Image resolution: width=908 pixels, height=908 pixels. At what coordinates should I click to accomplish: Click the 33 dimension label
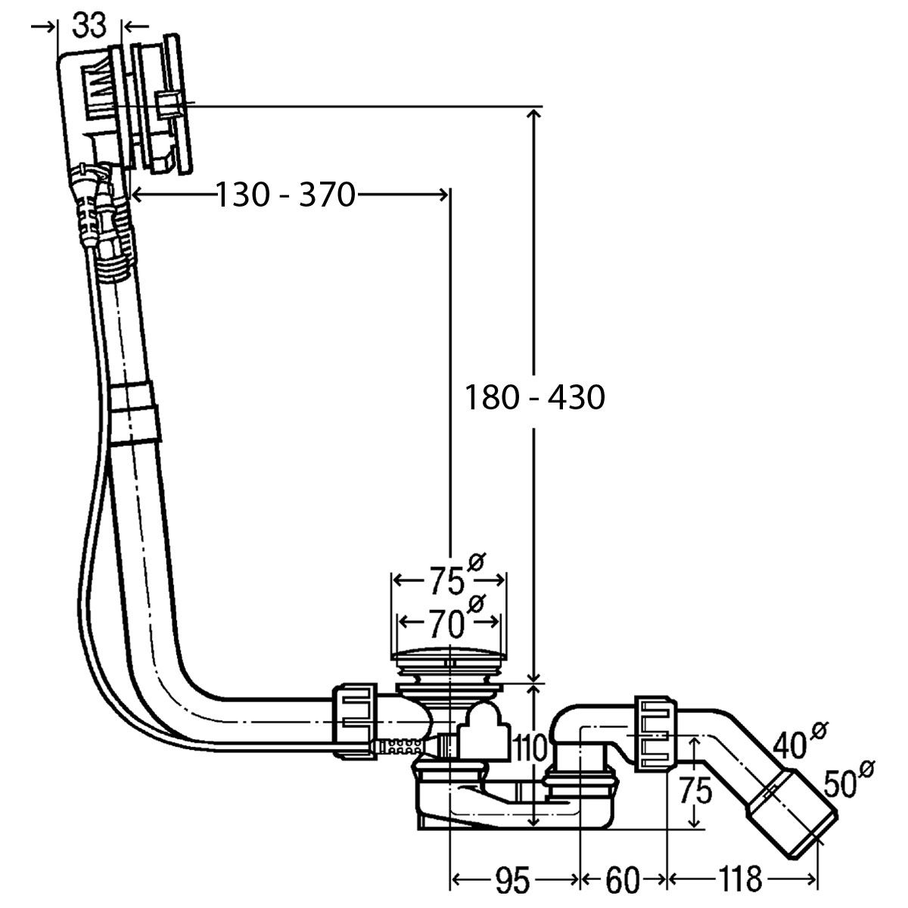click(89, 26)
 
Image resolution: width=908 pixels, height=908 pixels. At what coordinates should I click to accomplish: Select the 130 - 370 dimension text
click(285, 194)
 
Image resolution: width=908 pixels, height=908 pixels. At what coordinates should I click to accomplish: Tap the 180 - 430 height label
click(535, 397)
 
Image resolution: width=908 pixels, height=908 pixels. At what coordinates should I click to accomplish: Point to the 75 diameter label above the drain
click(447, 581)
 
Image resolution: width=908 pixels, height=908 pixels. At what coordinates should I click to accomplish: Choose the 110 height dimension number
click(530, 748)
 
